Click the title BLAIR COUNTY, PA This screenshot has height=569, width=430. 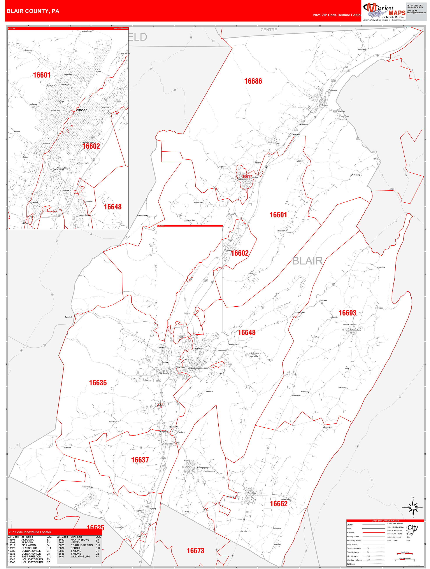coord(33,11)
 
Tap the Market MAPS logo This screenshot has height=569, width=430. coord(384,12)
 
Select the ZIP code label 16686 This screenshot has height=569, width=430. coord(253,81)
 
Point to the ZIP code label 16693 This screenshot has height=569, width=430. coord(347,313)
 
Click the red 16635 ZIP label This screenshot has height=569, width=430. coord(98,383)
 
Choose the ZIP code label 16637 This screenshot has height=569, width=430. coord(140,460)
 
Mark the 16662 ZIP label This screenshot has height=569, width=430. coord(279,504)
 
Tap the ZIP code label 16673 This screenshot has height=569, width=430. coord(195,551)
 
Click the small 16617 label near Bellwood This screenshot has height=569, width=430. coord(247,176)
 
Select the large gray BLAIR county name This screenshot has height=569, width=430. coord(308,261)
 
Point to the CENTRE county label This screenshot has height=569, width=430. coord(269,30)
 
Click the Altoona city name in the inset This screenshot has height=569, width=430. coord(82,110)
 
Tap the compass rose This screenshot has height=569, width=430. coord(413,508)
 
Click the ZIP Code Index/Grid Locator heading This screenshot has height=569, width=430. coord(30,532)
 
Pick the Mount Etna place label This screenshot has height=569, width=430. coord(380,267)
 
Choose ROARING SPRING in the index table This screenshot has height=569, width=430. coord(82,545)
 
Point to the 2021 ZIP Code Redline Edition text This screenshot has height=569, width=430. coord(337,15)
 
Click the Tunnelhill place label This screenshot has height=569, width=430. coord(68,317)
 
